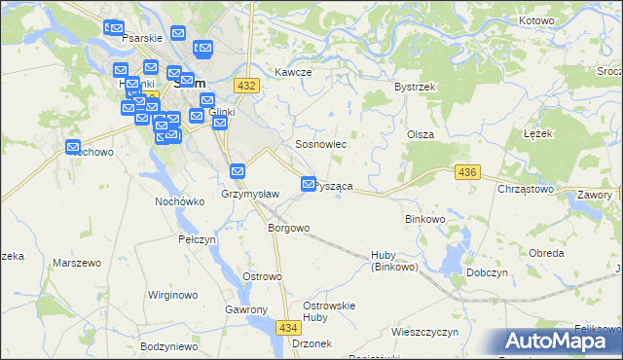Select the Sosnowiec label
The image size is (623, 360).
pos(321,144)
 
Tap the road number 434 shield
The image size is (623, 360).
pos(287,330)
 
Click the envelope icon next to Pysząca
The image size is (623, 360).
pos(310,184)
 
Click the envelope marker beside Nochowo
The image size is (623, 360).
pos(73,147)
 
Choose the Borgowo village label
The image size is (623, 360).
pos(288,228)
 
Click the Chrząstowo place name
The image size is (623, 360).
pos(526,189)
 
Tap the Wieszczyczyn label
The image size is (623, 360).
pos(424,332)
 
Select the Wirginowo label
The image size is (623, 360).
pos(172,294)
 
